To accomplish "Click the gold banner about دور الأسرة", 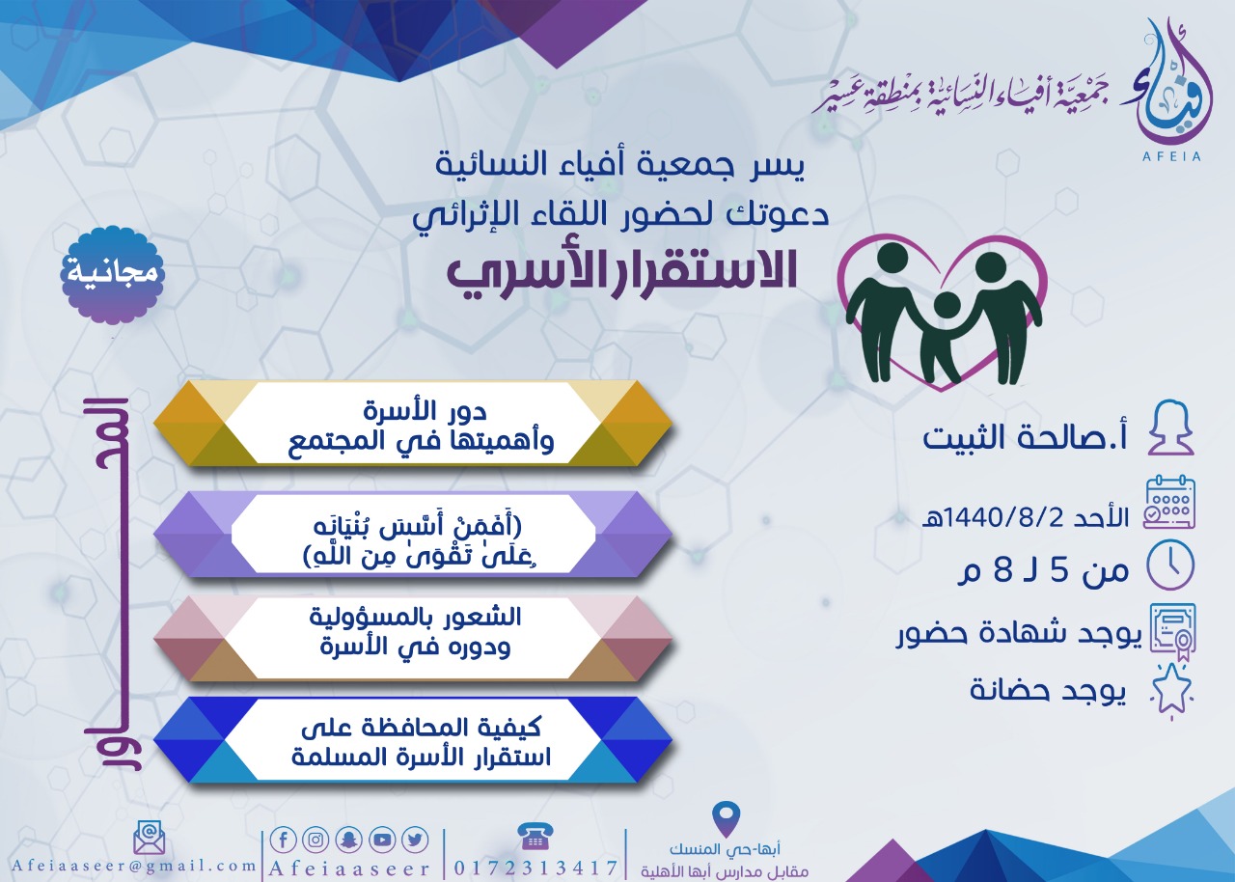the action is pyautogui.click(x=413, y=424).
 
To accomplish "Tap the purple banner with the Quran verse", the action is pyautogui.click(x=413, y=535).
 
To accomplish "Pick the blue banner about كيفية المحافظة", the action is pyautogui.click(x=413, y=740).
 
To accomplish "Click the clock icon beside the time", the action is pyautogui.click(x=1171, y=565).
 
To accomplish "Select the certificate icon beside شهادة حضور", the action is pyautogui.click(x=1171, y=632).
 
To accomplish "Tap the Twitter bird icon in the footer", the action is pyautogui.click(x=415, y=841).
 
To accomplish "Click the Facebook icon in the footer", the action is pyautogui.click(x=284, y=841).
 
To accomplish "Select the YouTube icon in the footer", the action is pyautogui.click(x=382, y=841).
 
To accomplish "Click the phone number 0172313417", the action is pyautogui.click(x=535, y=868).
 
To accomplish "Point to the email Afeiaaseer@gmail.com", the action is pyautogui.click(x=133, y=866).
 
